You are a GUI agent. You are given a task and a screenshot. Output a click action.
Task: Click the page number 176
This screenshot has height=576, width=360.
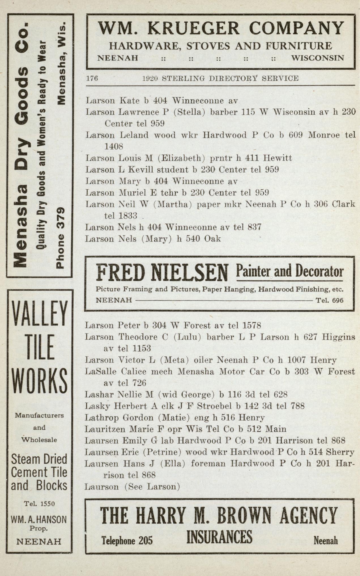(x=92, y=78)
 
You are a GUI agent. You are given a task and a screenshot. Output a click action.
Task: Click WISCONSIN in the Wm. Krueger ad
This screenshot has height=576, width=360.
(x=318, y=58)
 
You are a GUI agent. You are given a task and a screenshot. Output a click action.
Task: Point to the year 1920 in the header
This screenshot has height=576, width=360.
(x=150, y=78)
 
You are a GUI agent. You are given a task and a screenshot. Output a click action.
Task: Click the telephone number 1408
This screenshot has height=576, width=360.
(x=114, y=147)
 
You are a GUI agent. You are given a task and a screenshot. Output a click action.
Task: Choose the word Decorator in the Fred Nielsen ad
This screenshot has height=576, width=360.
(x=319, y=271)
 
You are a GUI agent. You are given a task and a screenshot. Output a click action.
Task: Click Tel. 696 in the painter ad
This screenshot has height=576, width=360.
(x=329, y=300)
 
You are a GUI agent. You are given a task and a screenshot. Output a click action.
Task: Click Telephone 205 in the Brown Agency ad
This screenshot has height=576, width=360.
(x=127, y=541)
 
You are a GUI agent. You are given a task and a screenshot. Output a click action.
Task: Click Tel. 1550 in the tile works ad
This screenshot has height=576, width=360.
(x=39, y=504)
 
